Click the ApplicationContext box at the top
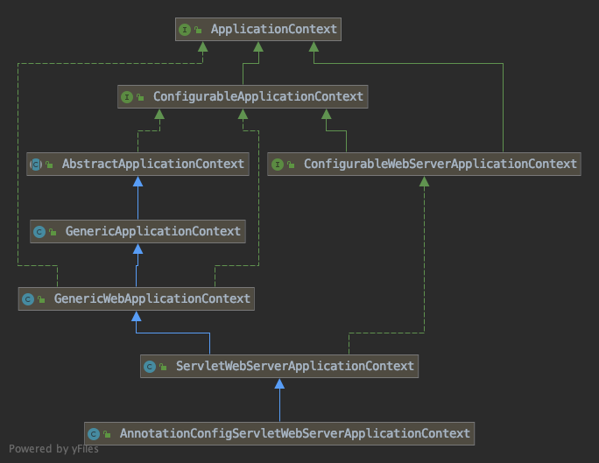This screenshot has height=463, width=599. (257, 30)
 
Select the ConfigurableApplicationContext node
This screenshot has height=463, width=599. (242, 96)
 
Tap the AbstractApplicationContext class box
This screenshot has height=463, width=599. (137, 164)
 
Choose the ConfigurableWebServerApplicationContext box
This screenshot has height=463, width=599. (424, 164)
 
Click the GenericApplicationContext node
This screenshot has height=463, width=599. (137, 231)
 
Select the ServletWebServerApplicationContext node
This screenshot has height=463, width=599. (279, 366)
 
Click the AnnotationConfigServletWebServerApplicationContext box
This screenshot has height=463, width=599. (279, 433)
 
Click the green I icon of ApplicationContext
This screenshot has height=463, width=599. (184, 30)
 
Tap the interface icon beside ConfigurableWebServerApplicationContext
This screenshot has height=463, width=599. (278, 164)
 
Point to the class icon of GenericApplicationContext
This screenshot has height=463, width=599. (39, 232)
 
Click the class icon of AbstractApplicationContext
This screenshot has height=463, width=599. (36, 164)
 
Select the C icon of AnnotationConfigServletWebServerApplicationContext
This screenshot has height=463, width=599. (94, 433)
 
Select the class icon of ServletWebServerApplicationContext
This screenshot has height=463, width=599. (150, 367)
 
